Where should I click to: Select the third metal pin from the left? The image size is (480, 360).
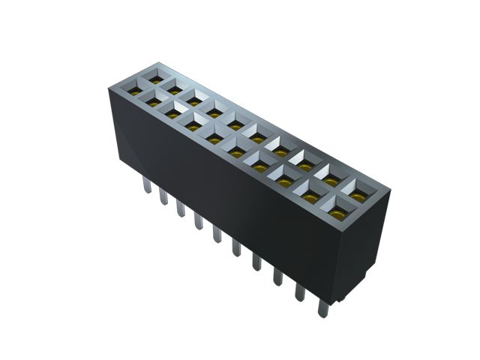coord(180,208)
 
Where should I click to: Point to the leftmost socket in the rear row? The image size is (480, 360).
coord(155,76)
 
